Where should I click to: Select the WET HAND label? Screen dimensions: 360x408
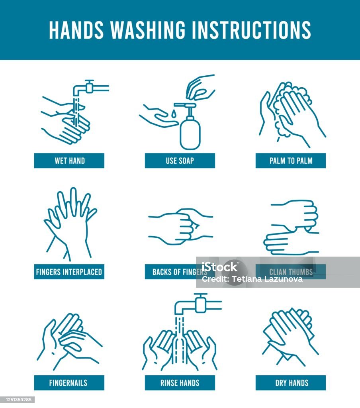(x=69, y=161)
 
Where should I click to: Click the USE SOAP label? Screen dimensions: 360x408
(x=180, y=161)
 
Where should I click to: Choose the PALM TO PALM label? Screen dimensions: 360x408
(x=291, y=161)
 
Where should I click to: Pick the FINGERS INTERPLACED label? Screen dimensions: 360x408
(x=69, y=272)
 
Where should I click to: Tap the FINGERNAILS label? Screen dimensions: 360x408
(x=69, y=383)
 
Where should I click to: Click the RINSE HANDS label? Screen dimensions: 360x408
(x=180, y=383)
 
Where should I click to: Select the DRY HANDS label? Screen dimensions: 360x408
(x=291, y=383)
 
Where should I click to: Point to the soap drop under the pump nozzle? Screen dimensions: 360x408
(x=174, y=114)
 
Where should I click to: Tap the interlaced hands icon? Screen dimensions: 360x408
(x=70, y=224)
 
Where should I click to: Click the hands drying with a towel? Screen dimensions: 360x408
(x=290, y=337)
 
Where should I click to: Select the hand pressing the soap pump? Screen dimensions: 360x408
(x=200, y=87)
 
